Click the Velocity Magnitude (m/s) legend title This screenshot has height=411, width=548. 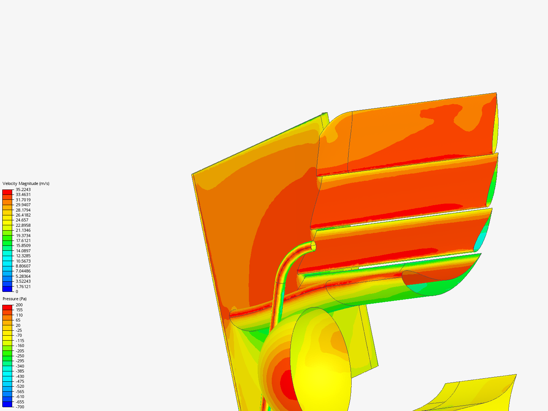click(x=26, y=183)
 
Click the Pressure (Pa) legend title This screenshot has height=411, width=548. click(x=14, y=299)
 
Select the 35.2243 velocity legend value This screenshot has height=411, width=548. click(x=23, y=190)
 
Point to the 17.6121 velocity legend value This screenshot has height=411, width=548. click(x=23, y=241)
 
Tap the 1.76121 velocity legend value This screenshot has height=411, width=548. click(x=23, y=287)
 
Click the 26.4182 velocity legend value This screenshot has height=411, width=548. click(x=23, y=215)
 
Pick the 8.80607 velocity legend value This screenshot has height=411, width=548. click(x=23, y=266)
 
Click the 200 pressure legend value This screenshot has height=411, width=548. click(x=19, y=305)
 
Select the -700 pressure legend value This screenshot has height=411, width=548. click(x=20, y=407)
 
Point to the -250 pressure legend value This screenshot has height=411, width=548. click(x=20, y=356)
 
